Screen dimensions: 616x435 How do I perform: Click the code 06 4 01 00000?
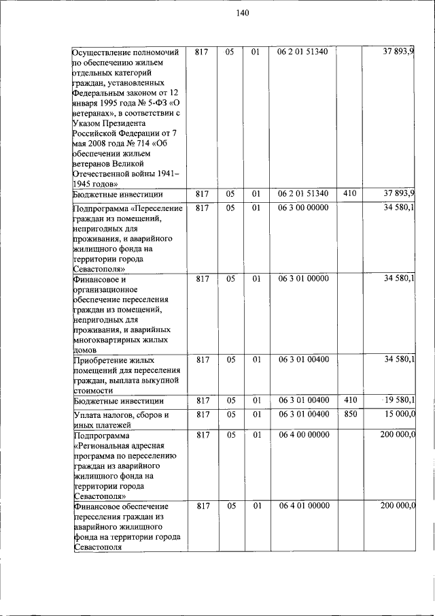302,506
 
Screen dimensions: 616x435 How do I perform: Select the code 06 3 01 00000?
302,278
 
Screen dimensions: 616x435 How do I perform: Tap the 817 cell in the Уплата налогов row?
201,414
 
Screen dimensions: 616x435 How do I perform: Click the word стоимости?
92,391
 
